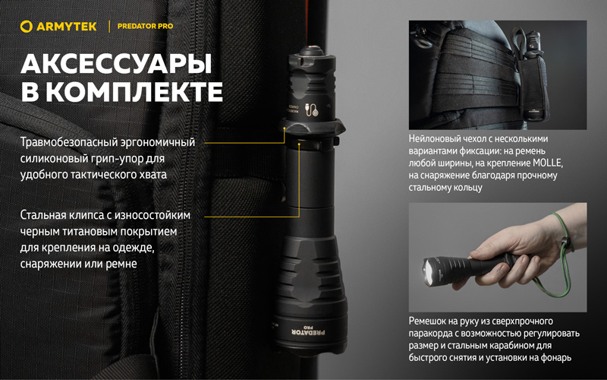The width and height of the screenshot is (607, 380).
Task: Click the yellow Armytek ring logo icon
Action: (x=27, y=27)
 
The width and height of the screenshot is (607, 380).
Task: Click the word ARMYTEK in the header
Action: (x=67, y=27)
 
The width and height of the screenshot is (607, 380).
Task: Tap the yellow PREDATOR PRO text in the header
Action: (x=145, y=27)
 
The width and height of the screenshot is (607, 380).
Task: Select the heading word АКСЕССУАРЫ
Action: (x=116, y=64)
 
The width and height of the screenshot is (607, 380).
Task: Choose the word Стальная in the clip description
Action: (x=42, y=215)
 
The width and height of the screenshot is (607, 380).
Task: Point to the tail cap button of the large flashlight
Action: (x=310, y=50)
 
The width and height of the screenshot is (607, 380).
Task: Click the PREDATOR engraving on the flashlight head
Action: (x=309, y=333)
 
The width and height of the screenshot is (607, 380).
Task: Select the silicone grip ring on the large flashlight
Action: (x=313, y=127)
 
